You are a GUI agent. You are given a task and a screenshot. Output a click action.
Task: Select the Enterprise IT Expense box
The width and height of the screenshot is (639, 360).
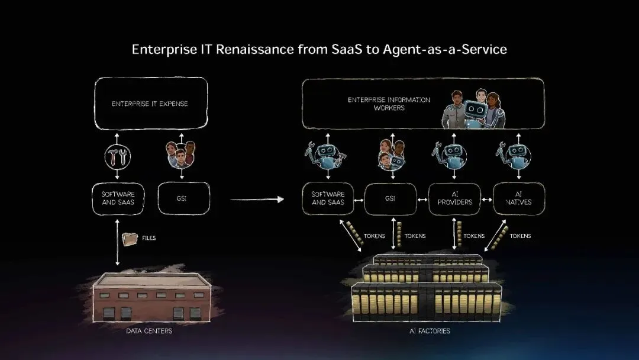pos(150,104)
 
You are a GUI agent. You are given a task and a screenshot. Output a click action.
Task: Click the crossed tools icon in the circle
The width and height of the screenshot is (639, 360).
pos(117,156)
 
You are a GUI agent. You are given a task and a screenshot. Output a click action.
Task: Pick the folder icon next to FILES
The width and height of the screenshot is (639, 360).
pos(129,239)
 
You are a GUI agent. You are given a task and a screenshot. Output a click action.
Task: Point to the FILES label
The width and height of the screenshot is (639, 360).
pos(149,238)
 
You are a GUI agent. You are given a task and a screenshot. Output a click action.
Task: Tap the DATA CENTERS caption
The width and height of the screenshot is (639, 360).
pos(149,331)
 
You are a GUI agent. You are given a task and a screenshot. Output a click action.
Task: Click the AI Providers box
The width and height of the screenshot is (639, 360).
pos(454,198)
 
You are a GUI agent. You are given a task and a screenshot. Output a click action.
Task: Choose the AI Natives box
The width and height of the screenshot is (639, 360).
pos(518,198)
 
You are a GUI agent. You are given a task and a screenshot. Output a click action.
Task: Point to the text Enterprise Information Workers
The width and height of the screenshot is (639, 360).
pos(389,104)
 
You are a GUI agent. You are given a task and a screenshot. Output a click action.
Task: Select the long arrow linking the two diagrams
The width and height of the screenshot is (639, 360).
pos(257,200)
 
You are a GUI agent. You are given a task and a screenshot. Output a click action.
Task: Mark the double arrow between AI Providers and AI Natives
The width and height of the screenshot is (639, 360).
pos(486,200)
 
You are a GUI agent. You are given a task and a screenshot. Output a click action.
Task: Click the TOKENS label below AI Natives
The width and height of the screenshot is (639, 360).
pos(520,236)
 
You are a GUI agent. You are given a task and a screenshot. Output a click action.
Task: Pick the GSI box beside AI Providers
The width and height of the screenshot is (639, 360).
pos(390,198)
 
